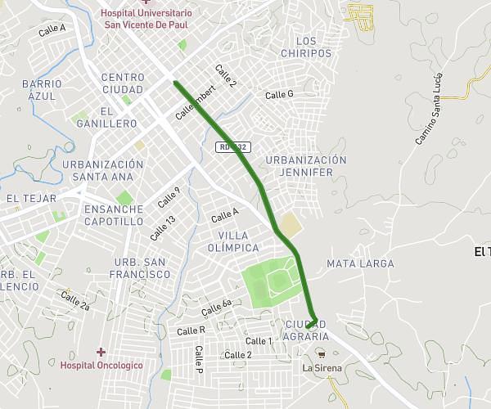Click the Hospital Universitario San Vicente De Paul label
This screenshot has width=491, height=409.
[147, 19]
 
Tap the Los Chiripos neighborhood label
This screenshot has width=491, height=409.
[306, 47]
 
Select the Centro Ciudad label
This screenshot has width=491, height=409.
[123, 83]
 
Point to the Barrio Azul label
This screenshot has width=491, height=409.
[42, 90]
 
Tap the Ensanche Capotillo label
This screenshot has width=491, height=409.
[114, 215]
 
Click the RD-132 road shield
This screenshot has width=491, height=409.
[234, 147]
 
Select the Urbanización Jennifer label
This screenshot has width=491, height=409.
[306, 166]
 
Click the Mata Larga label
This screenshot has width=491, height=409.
[360, 263]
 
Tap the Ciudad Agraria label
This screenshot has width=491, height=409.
[306, 330]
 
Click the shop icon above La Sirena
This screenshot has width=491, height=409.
[321, 354]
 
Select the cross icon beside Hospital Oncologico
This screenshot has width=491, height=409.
[101, 352]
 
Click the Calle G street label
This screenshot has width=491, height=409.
[279, 95]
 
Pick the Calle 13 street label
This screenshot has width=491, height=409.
[162, 227]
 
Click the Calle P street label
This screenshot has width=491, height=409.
[198, 359]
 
